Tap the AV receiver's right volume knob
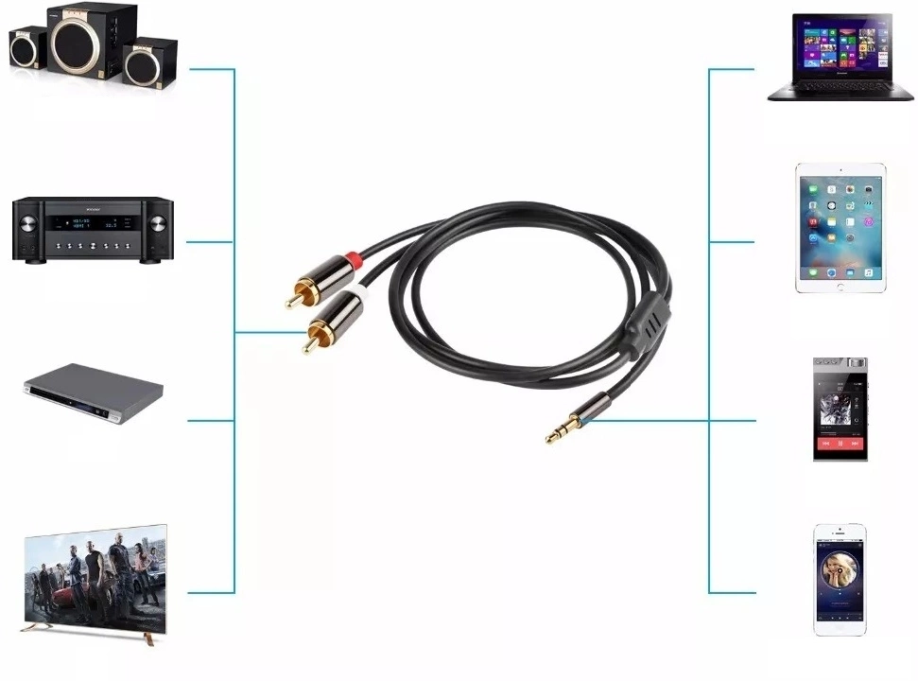157,224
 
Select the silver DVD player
94,395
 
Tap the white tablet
840,228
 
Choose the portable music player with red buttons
840,409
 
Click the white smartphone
840,579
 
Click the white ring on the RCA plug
358,298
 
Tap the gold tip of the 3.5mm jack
554,436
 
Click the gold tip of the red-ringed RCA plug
290,303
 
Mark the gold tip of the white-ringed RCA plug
308,345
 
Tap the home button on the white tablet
840,283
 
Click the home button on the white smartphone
840,628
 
